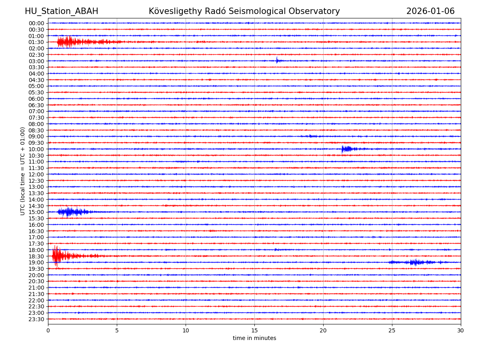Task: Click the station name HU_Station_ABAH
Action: coord(61,11)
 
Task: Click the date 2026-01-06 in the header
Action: coord(430,11)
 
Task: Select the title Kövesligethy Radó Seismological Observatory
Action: coord(244,11)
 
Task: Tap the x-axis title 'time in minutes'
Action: coord(254,338)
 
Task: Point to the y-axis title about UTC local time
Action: coord(23,171)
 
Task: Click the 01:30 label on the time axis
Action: coord(36,42)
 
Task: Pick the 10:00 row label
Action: coord(36,149)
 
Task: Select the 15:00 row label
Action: coord(36,212)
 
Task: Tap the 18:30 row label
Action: coord(36,256)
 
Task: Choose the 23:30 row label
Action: coord(36,319)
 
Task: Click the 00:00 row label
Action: coord(36,23)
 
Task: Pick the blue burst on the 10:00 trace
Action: coord(346,149)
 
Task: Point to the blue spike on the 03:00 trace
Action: coord(277,60)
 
